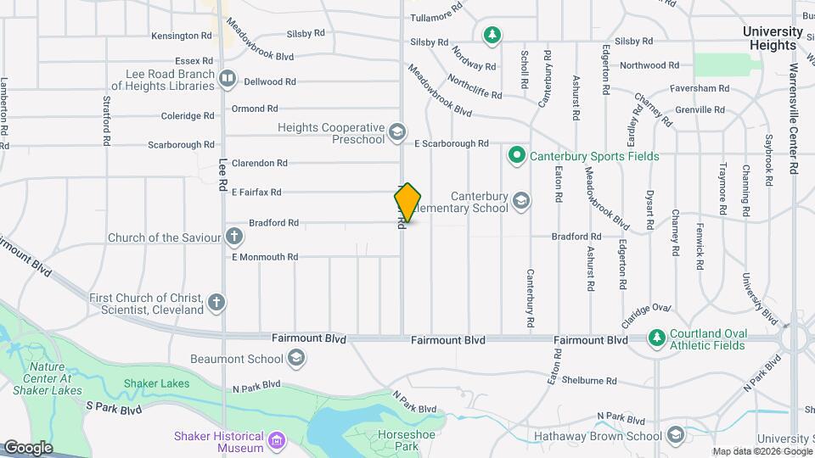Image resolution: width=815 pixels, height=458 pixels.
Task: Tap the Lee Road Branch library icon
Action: tap(227, 80)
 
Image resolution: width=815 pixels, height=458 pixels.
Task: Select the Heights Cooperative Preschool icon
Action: tap(396, 132)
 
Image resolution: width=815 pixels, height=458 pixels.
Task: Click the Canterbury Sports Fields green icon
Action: tap(516, 156)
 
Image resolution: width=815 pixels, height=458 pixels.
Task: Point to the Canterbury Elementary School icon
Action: tap(521, 202)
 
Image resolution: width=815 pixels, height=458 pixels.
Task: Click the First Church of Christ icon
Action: tap(216, 302)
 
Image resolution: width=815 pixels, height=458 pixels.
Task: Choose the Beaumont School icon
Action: tap(295, 359)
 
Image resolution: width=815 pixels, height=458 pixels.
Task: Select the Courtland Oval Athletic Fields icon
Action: tap(656, 338)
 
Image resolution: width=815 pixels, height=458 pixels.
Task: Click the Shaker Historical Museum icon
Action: tap(277, 441)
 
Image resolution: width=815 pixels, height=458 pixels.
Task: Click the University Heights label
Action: tap(773, 37)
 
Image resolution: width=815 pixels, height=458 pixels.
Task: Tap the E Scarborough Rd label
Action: tap(451, 144)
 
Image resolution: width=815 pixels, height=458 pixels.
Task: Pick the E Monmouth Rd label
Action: tap(265, 256)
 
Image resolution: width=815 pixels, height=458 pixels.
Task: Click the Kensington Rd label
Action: tap(182, 36)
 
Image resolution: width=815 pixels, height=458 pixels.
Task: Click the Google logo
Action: tap(28, 447)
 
